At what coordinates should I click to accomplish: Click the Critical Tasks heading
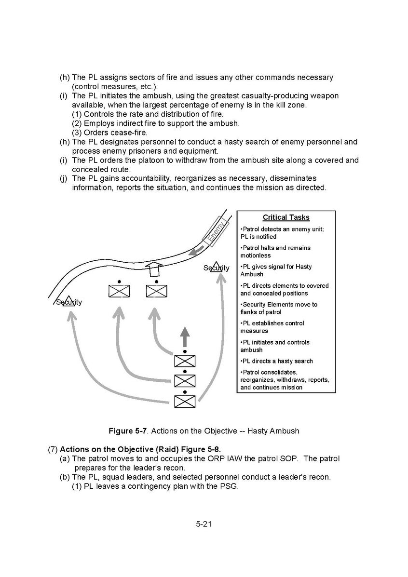click(x=286, y=217)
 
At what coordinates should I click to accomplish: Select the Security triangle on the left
click(x=68, y=301)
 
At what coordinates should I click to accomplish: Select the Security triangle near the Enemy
click(x=216, y=266)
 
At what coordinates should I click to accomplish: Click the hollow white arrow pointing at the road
click(x=154, y=268)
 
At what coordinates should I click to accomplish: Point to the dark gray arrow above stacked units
click(x=185, y=336)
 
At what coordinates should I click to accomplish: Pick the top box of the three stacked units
click(x=185, y=361)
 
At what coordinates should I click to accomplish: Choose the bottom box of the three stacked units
click(x=185, y=401)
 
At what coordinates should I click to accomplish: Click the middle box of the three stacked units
click(x=185, y=381)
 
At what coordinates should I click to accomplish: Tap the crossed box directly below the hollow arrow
click(x=157, y=291)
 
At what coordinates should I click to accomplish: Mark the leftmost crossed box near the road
click(x=119, y=291)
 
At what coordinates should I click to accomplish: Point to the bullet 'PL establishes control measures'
click(x=272, y=327)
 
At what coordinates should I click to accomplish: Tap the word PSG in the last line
click(x=229, y=486)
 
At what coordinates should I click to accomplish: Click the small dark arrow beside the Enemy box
click(x=195, y=251)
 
